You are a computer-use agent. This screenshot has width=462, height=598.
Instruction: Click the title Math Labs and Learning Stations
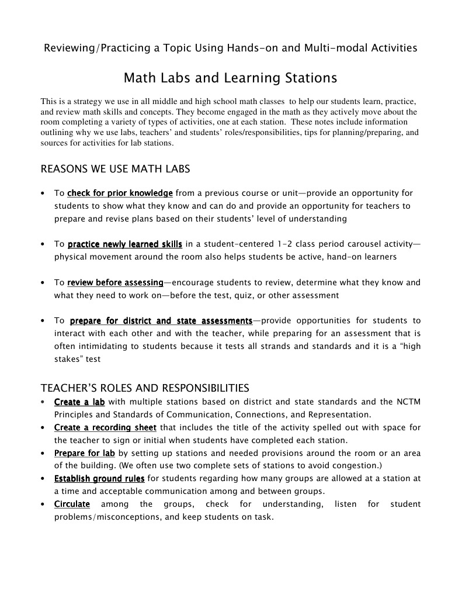[x=231, y=78]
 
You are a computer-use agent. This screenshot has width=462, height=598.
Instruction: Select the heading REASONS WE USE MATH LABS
[x=115, y=170]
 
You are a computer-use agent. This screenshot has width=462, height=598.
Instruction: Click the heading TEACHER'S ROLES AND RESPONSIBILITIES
[x=145, y=388]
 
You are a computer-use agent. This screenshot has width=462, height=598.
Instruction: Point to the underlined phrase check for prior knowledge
[x=120, y=193]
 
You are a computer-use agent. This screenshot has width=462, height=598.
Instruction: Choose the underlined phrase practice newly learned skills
[x=125, y=244]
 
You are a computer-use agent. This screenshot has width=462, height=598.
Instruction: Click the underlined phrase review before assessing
[x=115, y=282]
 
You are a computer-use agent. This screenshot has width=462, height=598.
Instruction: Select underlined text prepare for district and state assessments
[x=161, y=321]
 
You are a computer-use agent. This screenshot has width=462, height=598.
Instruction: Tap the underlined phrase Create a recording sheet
[x=105, y=427]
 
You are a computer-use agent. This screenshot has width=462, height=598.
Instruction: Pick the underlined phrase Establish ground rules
[x=99, y=478]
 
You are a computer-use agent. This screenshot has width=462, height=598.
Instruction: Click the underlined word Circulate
[x=72, y=504]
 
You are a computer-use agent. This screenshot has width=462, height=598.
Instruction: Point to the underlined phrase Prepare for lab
[x=84, y=453]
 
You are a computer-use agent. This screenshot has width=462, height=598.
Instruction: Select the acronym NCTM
[x=407, y=402]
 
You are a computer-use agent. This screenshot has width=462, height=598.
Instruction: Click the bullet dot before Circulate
[x=44, y=504]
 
